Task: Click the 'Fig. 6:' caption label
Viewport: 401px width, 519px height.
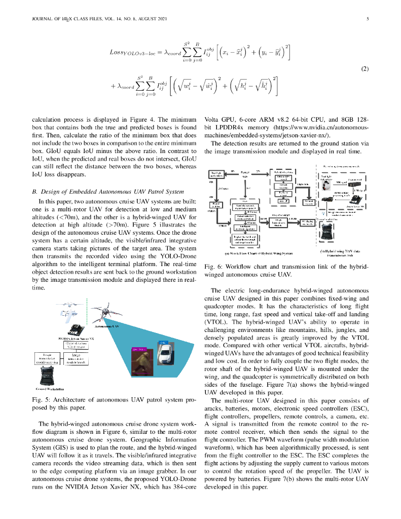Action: click(x=212, y=267)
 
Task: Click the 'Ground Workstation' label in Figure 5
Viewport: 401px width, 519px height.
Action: click(x=49, y=389)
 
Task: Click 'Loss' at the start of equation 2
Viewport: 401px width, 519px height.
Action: click(x=117, y=52)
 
